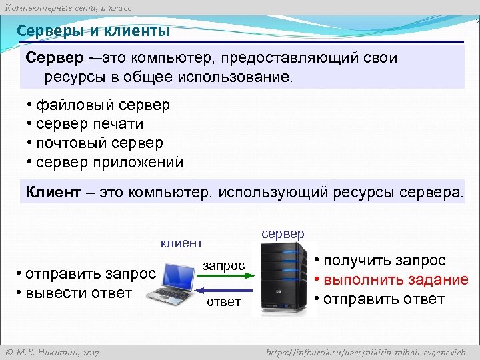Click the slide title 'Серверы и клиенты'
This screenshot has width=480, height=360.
93,31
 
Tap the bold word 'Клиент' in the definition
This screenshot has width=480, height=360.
53,193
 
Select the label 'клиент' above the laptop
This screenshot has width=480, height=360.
181,243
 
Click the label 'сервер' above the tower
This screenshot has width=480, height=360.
283,233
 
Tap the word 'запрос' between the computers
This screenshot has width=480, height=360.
224,265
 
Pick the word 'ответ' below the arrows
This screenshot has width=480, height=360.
223,303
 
